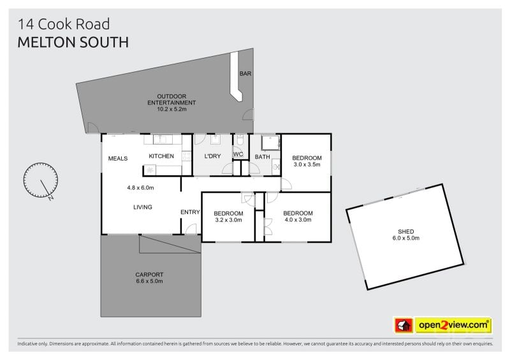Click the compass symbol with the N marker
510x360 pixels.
point(41,180)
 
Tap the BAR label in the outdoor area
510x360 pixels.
point(245,74)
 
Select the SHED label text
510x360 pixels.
point(406,231)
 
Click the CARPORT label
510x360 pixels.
point(149,275)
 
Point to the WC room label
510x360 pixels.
point(238,154)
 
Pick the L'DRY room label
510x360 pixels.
point(212,156)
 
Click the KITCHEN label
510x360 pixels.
point(161,156)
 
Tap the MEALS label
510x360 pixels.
point(118,159)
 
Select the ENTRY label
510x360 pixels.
point(190,212)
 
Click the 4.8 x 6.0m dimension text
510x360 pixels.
point(140,187)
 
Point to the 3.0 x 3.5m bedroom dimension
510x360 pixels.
point(307,164)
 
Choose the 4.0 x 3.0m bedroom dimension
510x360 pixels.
point(298,220)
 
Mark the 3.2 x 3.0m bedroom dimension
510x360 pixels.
point(228,220)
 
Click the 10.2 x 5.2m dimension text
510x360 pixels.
point(171,109)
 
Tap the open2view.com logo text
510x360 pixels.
point(453,325)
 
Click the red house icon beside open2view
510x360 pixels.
point(404,325)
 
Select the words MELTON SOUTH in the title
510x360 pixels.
point(73,43)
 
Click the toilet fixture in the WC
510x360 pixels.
point(240,140)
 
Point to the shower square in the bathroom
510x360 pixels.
point(270,143)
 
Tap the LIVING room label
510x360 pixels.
point(143,207)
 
